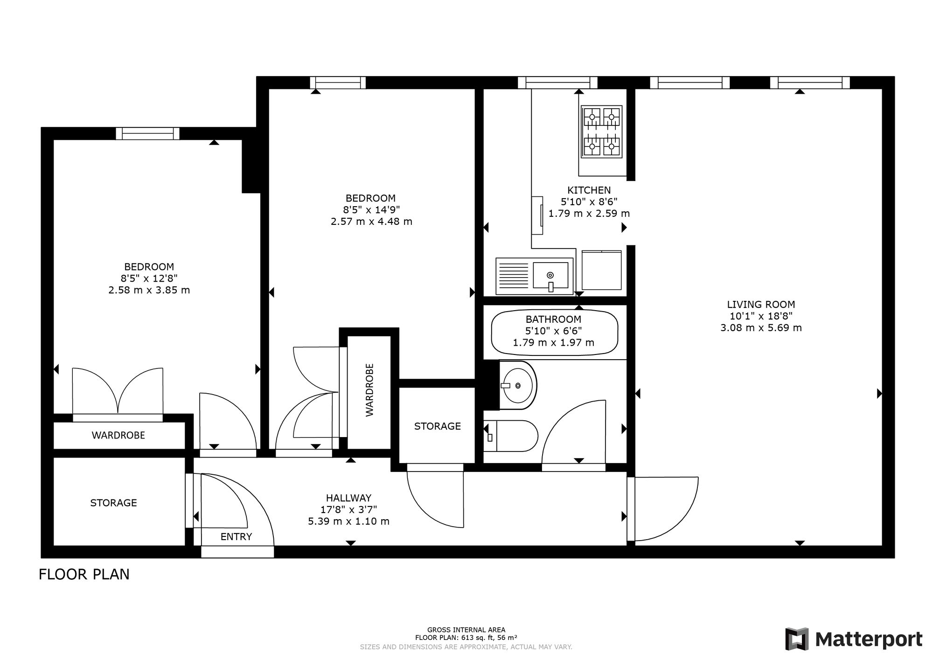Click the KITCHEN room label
(x=589, y=190)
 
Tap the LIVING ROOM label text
(x=761, y=305)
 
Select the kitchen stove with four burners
(x=602, y=132)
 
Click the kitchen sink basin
(x=551, y=276)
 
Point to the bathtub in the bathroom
(x=555, y=332)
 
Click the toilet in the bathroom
(x=510, y=436)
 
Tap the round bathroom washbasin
(x=518, y=385)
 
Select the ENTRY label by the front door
(x=236, y=537)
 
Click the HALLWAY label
(x=348, y=498)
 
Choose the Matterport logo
(x=854, y=639)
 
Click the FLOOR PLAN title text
(x=84, y=574)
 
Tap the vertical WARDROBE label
(x=369, y=390)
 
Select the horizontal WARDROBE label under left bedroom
(x=118, y=435)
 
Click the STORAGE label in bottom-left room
(x=113, y=503)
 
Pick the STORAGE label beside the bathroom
(x=438, y=426)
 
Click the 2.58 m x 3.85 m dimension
(x=149, y=290)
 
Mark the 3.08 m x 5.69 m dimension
(x=761, y=328)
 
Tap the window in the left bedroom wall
(x=147, y=133)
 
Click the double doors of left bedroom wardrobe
(x=118, y=392)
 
